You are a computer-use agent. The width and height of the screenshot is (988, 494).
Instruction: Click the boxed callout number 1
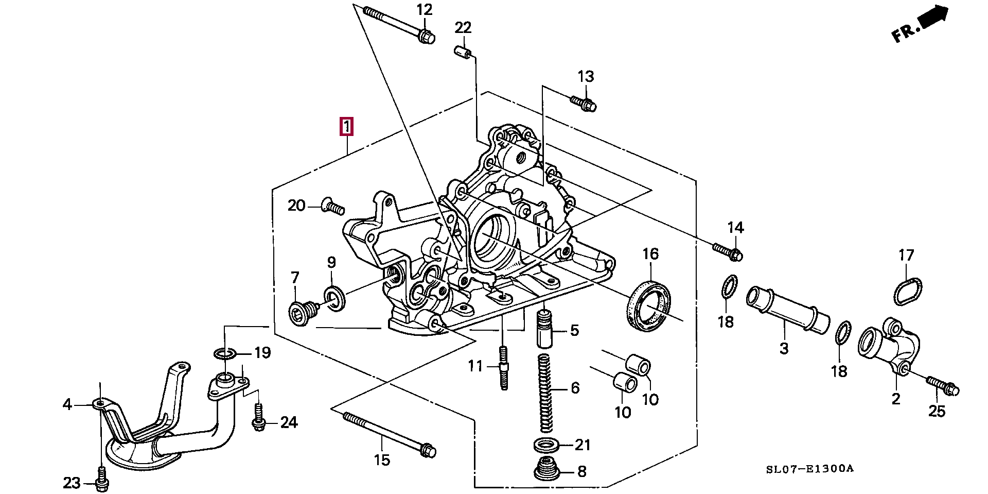(346, 126)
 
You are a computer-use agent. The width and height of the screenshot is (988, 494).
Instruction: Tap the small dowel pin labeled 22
(463, 52)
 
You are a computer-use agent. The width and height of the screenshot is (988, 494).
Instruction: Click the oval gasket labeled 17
(907, 292)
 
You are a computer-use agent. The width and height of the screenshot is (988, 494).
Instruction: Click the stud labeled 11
(503, 368)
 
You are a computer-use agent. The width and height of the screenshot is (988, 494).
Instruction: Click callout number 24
(289, 422)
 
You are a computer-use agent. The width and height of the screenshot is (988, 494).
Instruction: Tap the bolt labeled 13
(583, 101)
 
